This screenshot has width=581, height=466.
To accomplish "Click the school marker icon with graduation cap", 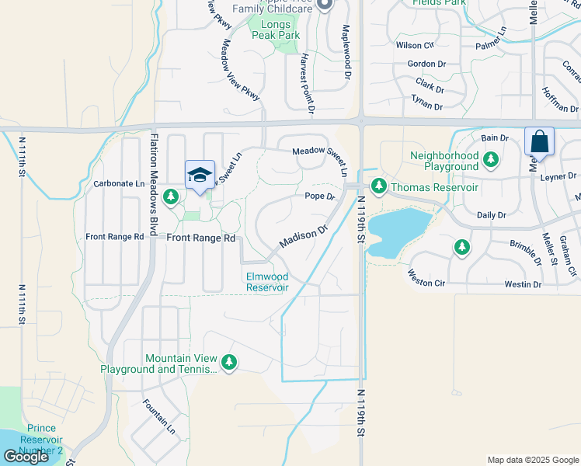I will [200, 174].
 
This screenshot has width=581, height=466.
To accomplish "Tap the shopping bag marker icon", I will [539, 141].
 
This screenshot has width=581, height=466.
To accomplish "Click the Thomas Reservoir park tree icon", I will [379, 186].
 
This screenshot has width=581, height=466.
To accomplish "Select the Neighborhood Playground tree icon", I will [490, 160].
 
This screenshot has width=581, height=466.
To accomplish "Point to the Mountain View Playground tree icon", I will [229, 361].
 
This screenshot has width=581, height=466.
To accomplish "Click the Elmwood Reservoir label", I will [267, 282].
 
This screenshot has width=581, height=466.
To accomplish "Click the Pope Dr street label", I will [319, 196].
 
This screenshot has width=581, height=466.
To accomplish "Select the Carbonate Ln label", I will [119, 184].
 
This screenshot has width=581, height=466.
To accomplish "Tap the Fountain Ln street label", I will [159, 416].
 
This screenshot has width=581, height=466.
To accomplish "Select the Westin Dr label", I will [522, 285].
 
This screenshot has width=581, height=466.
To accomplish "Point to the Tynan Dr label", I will [427, 106].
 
